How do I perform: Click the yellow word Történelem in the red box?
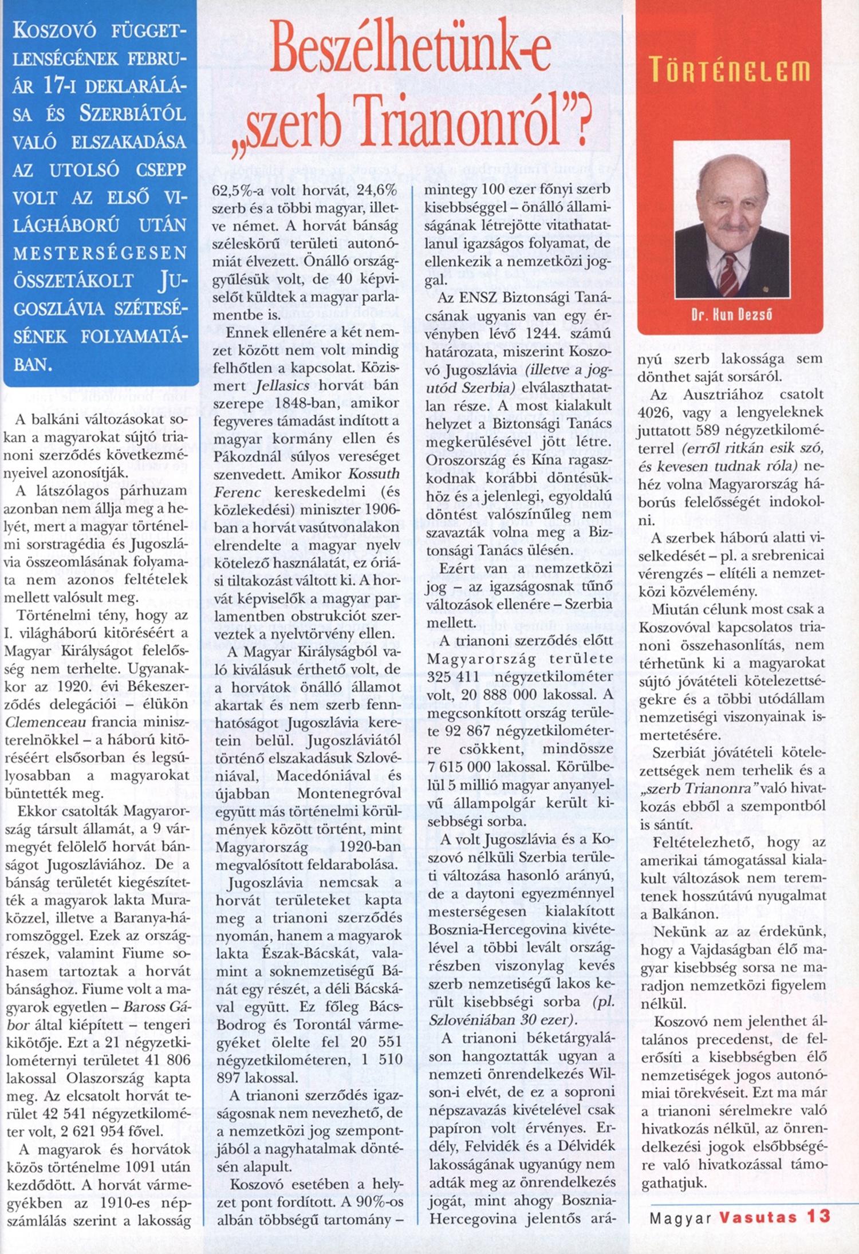(730, 72)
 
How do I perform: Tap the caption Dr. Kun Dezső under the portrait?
(731, 314)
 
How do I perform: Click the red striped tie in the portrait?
(729, 274)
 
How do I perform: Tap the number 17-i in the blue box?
(64, 86)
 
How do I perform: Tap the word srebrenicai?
(790, 555)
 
